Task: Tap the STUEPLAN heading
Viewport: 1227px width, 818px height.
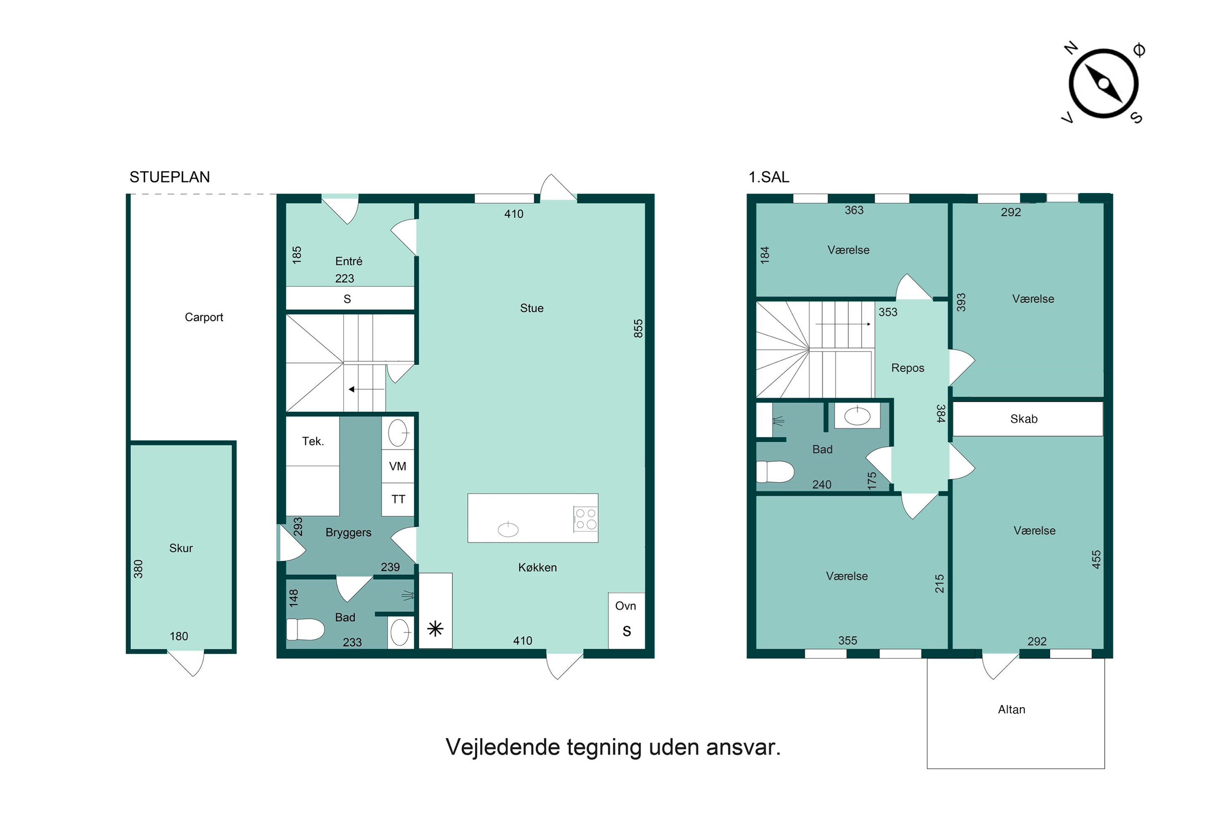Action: (170, 178)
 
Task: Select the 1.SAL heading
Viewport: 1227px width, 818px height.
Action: (769, 178)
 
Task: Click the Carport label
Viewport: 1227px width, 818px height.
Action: (204, 317)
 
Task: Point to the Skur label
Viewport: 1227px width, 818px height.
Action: (181, 548)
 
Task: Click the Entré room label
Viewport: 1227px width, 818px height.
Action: (348, 261)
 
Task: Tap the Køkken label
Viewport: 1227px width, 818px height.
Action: (537, 568)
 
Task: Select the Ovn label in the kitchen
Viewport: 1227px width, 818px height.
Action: (625, 606)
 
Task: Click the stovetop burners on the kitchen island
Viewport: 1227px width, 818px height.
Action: (585, 519)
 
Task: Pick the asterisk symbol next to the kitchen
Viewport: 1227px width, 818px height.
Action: (435, 629)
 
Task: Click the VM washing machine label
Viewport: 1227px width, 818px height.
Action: (398, 466)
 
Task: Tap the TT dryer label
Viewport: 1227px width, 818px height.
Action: (398, 499)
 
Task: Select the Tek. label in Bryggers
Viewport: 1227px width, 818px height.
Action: (313, 441)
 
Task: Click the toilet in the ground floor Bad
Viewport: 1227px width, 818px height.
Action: (305, 629)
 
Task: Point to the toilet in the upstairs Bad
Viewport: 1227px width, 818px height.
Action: (775, 472)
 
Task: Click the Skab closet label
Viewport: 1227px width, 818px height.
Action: (1024, 419)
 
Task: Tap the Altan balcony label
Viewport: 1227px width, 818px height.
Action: (1011, 710)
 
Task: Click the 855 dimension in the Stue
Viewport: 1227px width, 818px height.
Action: (638, 329)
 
